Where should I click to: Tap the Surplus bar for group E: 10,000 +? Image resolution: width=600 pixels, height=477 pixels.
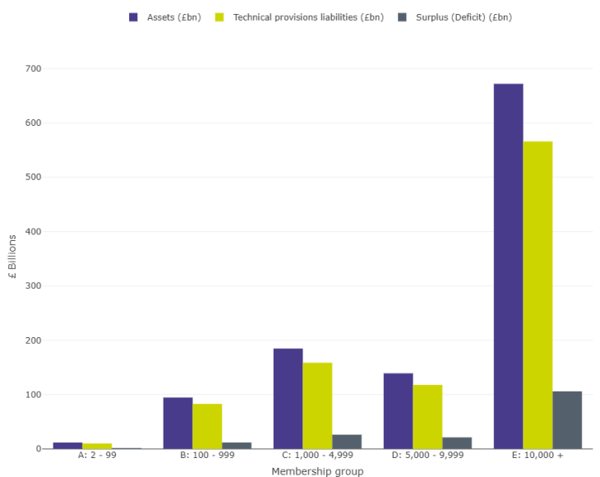pyautogui.click(x=567, y=419)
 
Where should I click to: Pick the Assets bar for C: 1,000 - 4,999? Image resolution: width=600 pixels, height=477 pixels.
pyautogui.click(x=288, y=398)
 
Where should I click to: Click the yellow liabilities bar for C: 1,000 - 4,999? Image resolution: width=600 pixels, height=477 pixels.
pyautogui.click(x=317, y=405)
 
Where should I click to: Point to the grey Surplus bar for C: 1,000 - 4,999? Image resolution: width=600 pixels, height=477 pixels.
pyautogui.click(x=347, y=442)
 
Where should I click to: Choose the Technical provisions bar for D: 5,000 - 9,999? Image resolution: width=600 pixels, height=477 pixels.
pyautogui.click(x=427, y=416)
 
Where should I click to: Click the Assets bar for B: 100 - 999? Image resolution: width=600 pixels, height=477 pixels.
pyautogui.click(x=178, y=423)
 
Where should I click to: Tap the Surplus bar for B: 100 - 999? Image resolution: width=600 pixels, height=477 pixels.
pyautogui.click(x=237, y=445)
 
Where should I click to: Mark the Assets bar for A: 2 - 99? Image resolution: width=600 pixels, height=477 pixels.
pyautogui.click(x=67, y=446)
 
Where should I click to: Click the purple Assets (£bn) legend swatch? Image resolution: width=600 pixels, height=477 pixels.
pyautogui.click(x=134, y=17)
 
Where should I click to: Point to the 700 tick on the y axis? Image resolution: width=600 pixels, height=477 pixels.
pyautogui.click(x=34, y=68)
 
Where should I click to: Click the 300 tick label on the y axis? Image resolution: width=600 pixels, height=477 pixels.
pyautogui.click(x=34, y=285)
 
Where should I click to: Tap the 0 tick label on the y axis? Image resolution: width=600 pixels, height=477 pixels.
pyautogui.click(x=39, y=449)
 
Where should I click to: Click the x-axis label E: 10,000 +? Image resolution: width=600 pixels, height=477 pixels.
pyautogui.click(x=538, y=456)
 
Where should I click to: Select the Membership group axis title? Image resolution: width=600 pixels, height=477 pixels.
pyautogui.click(x=317, y=471)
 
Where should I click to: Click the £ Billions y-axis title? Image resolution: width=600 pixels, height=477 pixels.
pyautogui.click(x=12, y=257)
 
